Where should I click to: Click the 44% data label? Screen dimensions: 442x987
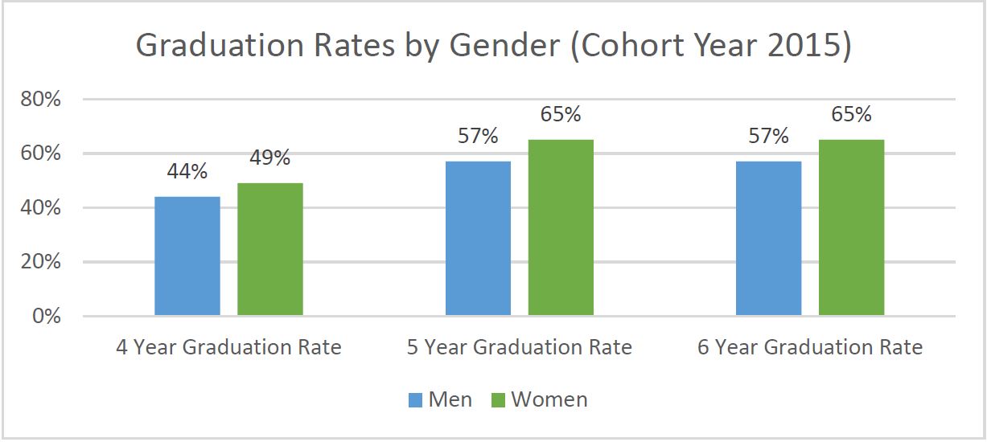tap(187, 171)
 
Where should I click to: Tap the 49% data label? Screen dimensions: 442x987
tap(270, 158)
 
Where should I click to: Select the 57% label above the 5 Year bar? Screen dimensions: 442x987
tap(478, 136)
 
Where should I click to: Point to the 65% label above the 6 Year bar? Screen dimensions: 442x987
tap(851, 114)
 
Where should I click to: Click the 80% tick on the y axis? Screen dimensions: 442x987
tap(40, 100)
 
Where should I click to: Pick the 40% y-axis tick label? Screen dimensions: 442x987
tap(40, 208)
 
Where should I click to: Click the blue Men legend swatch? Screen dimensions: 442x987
tap(415, 399)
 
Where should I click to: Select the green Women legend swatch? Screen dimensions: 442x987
tap(498, 399)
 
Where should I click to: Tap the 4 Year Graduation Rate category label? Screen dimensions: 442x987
tap(228, 348)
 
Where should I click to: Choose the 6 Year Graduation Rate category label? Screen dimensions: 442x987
tap(810, 348)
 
